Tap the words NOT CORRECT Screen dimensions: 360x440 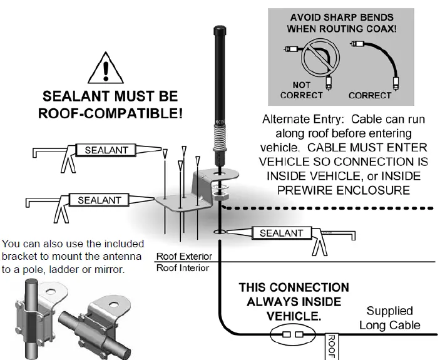300,90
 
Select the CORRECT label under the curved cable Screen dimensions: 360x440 369,95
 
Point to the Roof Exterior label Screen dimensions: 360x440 184,257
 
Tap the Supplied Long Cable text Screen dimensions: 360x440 389,318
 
